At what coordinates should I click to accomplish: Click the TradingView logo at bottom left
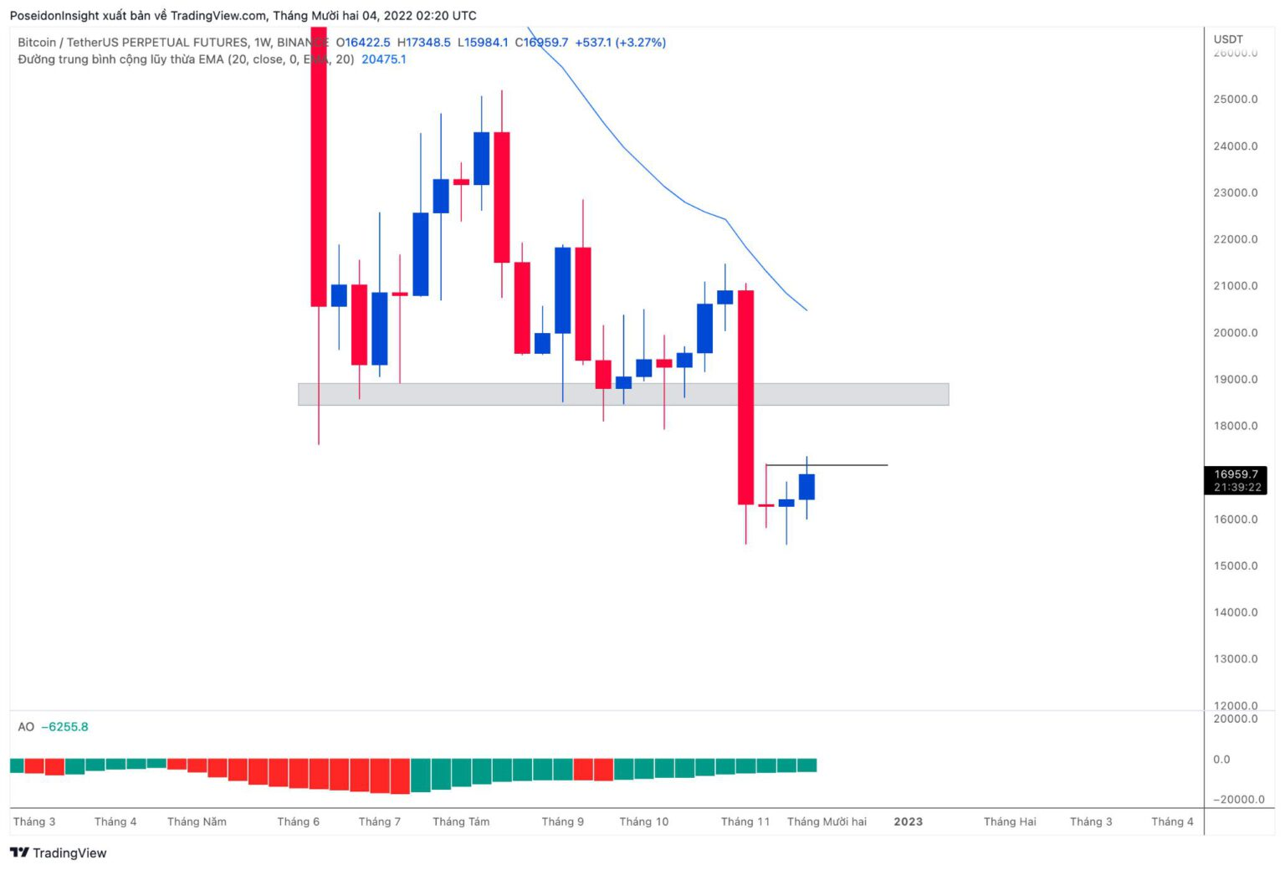pos(59,852)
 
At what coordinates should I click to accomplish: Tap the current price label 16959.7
pos(1236,474)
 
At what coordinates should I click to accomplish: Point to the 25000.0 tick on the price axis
pos(1235,100)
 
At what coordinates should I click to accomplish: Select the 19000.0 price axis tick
pos(1235,380)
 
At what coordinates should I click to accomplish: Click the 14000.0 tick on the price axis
pos(1235,612)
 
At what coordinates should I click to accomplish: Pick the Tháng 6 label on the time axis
pos(298,821)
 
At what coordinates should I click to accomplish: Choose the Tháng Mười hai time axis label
pos(827,821)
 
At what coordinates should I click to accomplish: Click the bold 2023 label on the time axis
pos(908,821)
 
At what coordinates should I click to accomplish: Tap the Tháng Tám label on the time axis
pos(461,821)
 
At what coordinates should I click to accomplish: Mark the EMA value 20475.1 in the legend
pos(384,59)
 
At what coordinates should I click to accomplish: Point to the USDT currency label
pos(1228,39)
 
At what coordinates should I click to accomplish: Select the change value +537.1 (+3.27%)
pos(620,43)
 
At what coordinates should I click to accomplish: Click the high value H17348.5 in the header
pos(424,43)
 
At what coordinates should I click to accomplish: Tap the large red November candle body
pos(745,397)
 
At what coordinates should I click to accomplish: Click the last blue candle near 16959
pos(806,487)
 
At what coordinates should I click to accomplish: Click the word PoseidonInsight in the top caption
pos(54,16)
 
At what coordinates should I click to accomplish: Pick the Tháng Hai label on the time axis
pos(1010,821)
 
